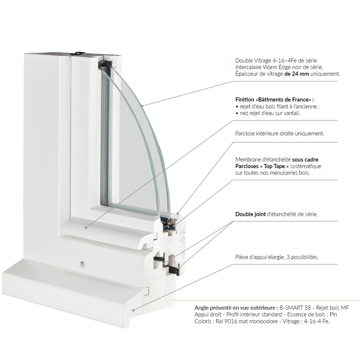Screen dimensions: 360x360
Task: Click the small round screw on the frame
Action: click(x=83, y=265)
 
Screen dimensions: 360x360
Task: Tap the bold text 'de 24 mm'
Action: click(x=297, y=74)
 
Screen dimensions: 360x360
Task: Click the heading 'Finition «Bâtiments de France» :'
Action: click(x=274, y=100)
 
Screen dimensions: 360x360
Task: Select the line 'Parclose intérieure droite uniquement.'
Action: click(x=280, y=133)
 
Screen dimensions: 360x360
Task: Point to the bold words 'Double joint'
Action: click(x=250, y=214)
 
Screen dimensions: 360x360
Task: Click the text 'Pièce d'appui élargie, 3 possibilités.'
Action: click(x=277, y=257)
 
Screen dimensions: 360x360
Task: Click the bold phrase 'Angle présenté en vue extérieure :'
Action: click(x=236, y=308)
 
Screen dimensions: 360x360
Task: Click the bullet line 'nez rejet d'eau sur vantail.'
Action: click(x=270, y=113)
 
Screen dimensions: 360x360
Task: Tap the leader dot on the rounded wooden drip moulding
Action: click(x=86, y=228)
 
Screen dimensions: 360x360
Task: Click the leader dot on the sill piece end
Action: click(x=133, y=310)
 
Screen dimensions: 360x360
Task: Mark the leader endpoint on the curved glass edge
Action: click(x=142, y=106)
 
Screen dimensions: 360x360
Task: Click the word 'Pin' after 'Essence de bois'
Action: click(x=333, y=315)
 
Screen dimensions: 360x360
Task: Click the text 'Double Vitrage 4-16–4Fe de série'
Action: click(x=276, y=61)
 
